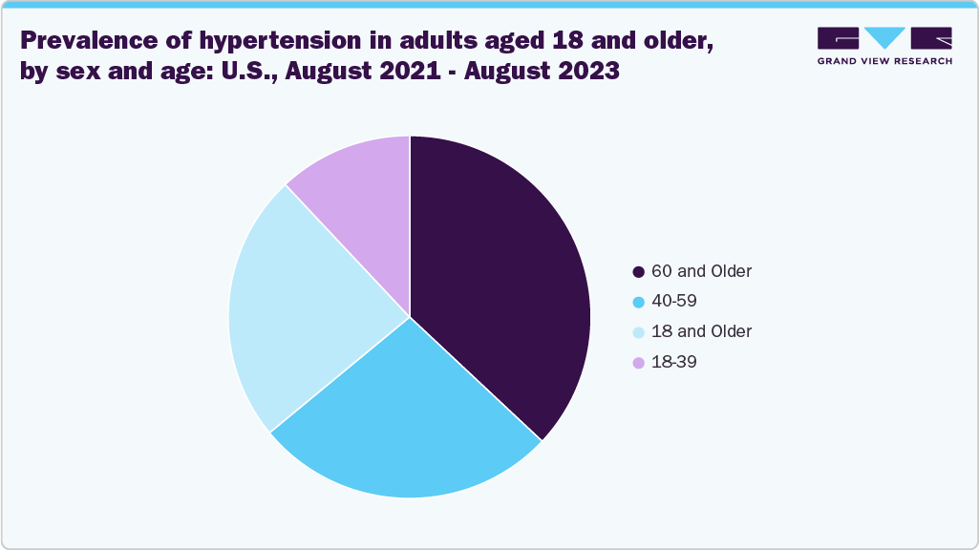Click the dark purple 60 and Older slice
pyautogui.click(x=497, y=277)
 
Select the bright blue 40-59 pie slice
pyautogui.click(x=401, y=420)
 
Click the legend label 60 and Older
pyautogui.click(x=701, y=271)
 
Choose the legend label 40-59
pyautogui.click(x=674, y=301)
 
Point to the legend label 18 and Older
pyautogui.click(x=701, y=331)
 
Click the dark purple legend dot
pyautogui.click(x=638, y=272)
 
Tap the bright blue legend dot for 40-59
pyautogui.click(x=638, y=302)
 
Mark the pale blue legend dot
pyautogui.click(x=638, y=332)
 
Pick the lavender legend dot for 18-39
pyautogui.click(x=638, y=363)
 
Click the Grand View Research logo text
pyautogui.click(x=884, y=61)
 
